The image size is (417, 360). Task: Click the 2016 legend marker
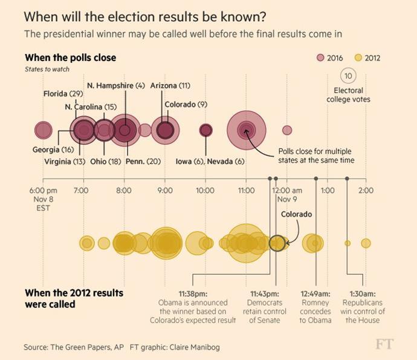[x=320, y=58]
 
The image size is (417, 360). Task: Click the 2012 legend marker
[x=358, y=58]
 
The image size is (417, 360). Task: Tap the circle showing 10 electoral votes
[x=348, y=76]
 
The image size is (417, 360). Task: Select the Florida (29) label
[x=63, y=94]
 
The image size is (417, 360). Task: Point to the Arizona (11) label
[x=170, y=85]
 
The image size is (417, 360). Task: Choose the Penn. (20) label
[x=143, y=162]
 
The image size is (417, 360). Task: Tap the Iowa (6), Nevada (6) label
[x=210, y=162]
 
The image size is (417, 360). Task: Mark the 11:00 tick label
[x=246, y=190]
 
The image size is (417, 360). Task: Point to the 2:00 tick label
[x=366, y=190]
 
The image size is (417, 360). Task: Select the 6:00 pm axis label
[x=42, y=190]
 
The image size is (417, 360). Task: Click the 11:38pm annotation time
[x=194, y=293]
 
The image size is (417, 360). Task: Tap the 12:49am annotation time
[x=315, y=293]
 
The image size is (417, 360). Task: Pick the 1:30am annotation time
[x=364, y=293]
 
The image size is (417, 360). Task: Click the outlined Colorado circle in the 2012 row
[x=277, y=243]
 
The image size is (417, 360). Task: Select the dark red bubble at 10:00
[x=206, y=130]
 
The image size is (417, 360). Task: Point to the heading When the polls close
[x=70, y=57]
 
